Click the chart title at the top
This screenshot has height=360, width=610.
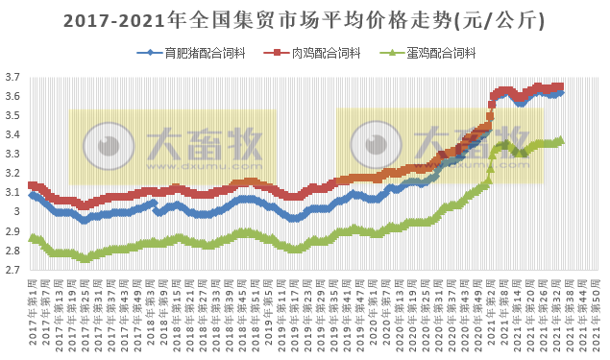pos(305,18)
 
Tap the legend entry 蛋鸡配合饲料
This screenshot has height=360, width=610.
pos(448,53)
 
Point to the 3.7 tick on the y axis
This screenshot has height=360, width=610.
pos(12,77)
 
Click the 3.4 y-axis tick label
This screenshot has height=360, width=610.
pos(12,134)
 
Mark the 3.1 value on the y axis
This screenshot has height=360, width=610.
pos(12,193)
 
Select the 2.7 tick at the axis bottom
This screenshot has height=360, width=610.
pos(12,271)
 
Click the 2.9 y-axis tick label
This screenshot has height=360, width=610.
pos(12,231)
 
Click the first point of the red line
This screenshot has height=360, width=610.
pos(32,185)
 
